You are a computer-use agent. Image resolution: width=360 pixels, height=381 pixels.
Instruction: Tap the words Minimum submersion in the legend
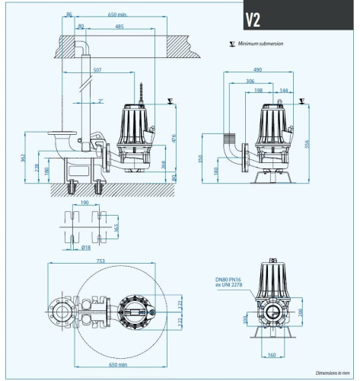[260, 44]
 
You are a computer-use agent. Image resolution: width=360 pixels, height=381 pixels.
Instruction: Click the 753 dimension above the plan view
[100, 261]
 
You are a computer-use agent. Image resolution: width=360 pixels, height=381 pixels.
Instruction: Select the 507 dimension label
[97, 71]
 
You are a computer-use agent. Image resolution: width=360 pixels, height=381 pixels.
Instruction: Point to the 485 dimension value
[119, 27]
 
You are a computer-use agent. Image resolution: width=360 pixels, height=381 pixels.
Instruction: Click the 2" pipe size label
[101, 100]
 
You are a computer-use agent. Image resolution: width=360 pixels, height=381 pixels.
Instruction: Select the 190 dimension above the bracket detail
[84, 203]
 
